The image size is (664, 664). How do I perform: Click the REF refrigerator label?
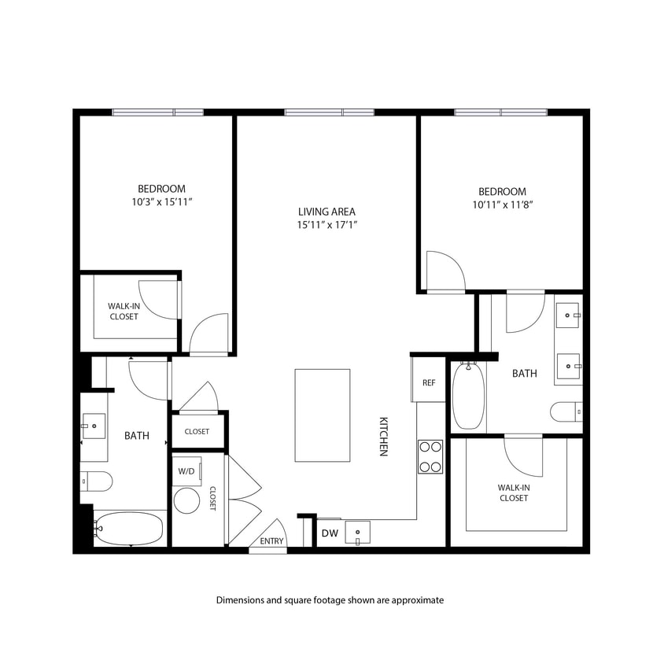point(429,383)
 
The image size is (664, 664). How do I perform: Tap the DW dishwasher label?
point(329,534)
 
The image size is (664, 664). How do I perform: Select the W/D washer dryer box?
point(187,471)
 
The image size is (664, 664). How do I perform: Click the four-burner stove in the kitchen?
point(430,456)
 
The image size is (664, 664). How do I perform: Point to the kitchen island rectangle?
point(323,415)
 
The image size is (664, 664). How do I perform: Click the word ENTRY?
point(271,541)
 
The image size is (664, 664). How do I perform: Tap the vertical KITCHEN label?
point(384,437)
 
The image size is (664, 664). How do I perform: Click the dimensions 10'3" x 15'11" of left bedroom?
point(161,202)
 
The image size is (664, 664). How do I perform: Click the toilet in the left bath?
point(97,480)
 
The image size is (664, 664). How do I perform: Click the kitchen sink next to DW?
point(358,533)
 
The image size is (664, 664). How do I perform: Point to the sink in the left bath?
point(94,427)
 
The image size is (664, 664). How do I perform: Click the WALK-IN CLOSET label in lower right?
point(513,492)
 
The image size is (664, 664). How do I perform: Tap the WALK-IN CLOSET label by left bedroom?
point(124,312)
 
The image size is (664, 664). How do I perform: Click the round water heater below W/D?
point(186,500)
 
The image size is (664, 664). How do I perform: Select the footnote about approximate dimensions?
point(330,600)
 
